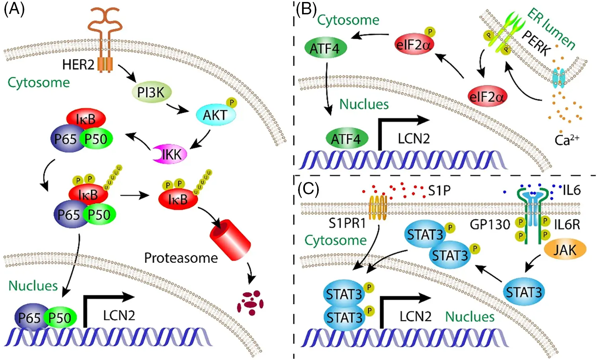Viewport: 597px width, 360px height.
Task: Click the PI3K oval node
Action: (x=151, y=93)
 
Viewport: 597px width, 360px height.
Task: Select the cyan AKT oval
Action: (x=216, y=115)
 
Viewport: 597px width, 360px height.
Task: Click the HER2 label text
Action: (x=78, y=65)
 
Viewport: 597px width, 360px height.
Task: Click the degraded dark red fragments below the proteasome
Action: (x=250, y=303)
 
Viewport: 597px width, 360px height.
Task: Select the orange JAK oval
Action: (x=565, y=250)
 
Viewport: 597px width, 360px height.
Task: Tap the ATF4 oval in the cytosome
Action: (x=325, y=49)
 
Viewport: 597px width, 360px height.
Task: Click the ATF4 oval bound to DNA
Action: (x=346, y=139)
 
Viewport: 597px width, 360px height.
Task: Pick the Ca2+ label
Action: (x=566, y=140)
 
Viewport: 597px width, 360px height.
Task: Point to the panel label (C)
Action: (x=308, y=189)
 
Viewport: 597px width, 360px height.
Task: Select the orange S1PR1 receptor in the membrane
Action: (x=378, y=207)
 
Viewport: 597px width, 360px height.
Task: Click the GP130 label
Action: (x=490, y=225)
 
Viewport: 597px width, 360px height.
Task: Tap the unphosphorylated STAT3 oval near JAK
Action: (x=523, y=292)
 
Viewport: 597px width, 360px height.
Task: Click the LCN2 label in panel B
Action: (x=414, y=139)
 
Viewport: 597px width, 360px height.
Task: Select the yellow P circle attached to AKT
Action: (x=232, y=103)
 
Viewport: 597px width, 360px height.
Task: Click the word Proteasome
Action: (x=181, y=258)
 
